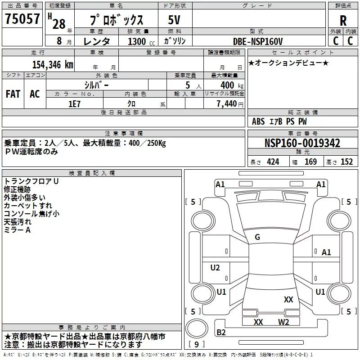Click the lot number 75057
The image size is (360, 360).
22,19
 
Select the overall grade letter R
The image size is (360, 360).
343,20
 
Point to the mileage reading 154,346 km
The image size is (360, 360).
53,64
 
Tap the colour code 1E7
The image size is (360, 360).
74,103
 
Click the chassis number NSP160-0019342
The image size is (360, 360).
302,144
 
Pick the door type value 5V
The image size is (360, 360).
175,20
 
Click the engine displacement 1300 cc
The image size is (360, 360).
137,41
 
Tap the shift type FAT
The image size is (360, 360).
13,94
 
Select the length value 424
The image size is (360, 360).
273,162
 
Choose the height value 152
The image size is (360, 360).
346,162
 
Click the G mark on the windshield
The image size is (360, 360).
257,237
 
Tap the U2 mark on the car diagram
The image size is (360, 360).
215,268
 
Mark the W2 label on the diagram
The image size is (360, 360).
283,322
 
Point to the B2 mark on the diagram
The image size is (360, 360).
221,333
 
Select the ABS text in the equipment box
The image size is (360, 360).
258,121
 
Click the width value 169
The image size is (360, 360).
310,162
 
